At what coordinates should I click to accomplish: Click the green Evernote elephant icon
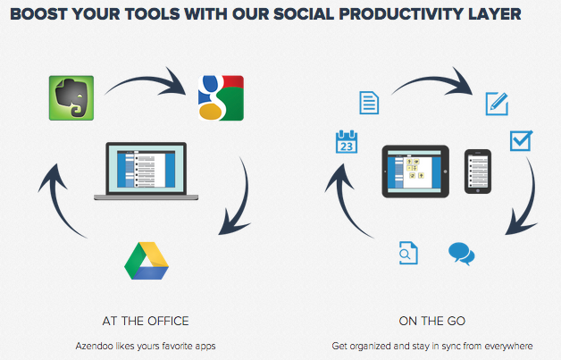(71, 97)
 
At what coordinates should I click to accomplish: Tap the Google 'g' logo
(221, 97)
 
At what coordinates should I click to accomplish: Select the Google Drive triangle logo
(147, 261)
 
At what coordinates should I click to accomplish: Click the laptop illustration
(146, 171)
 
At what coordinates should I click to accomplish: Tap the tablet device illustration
(415, 172)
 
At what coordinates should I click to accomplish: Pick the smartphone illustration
(478, 172)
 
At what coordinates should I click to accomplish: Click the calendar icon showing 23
(347, 142)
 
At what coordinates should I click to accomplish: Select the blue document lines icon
(369, 103)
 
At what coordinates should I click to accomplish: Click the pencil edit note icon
(497, 104)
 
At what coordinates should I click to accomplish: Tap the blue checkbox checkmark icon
(522, 140)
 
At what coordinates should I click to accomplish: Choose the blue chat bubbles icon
(462, 254)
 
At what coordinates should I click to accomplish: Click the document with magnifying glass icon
(408, 253)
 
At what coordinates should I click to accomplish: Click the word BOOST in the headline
(38, 14)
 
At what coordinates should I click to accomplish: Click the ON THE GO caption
(432, 321)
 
